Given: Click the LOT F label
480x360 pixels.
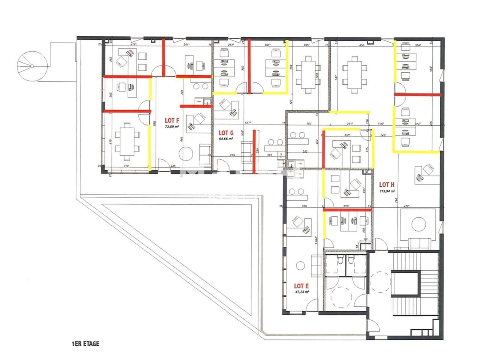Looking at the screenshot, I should pos(171,120).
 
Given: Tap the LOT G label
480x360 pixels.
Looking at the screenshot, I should pos(226,133).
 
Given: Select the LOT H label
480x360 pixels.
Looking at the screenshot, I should pos(387,184).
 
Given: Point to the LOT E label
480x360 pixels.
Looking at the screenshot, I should pos(301,286).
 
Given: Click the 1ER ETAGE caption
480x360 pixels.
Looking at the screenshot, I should pos(85,344).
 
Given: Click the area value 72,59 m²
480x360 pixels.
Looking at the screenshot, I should pos(171,127).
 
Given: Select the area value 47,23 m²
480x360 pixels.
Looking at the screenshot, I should pos(301,292).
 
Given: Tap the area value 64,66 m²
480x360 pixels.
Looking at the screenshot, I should pos(226,139).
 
